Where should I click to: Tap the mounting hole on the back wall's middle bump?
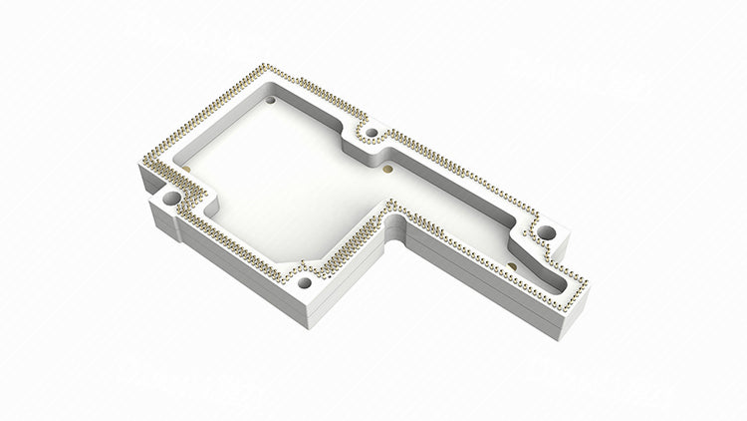coord(371,133)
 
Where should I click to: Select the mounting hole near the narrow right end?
coord(546,233)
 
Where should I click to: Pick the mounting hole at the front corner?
coord(305,280)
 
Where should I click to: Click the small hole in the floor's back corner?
coord(272,100)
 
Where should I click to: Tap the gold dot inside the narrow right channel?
coord(511,265)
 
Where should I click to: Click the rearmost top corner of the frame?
coord(261,66)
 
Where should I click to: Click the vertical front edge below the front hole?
coord(299,309)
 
